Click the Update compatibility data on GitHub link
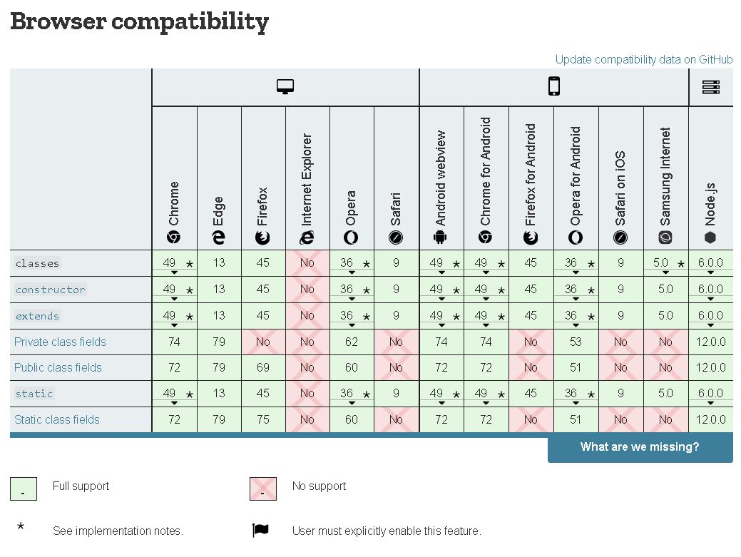[x=644, y=60]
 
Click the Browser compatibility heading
[x=140, y=22]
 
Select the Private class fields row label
[x=60, y=342]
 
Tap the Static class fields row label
[x=57, y=419]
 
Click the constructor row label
[x=51, y=290]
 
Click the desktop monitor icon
[x=285, y=87]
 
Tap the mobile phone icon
[x=553, y=87]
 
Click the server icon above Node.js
[x=710, y=87]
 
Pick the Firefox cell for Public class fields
[x=263, y=367]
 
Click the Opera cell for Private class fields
[x=352, y=342]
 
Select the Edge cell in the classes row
[x=219, y=262]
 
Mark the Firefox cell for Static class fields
[x=263, y=419]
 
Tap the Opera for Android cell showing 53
[x=576, y=342]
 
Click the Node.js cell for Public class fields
[x=710, y=367]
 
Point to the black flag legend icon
[x=260, y=531]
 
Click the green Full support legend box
[x=24, y=489]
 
